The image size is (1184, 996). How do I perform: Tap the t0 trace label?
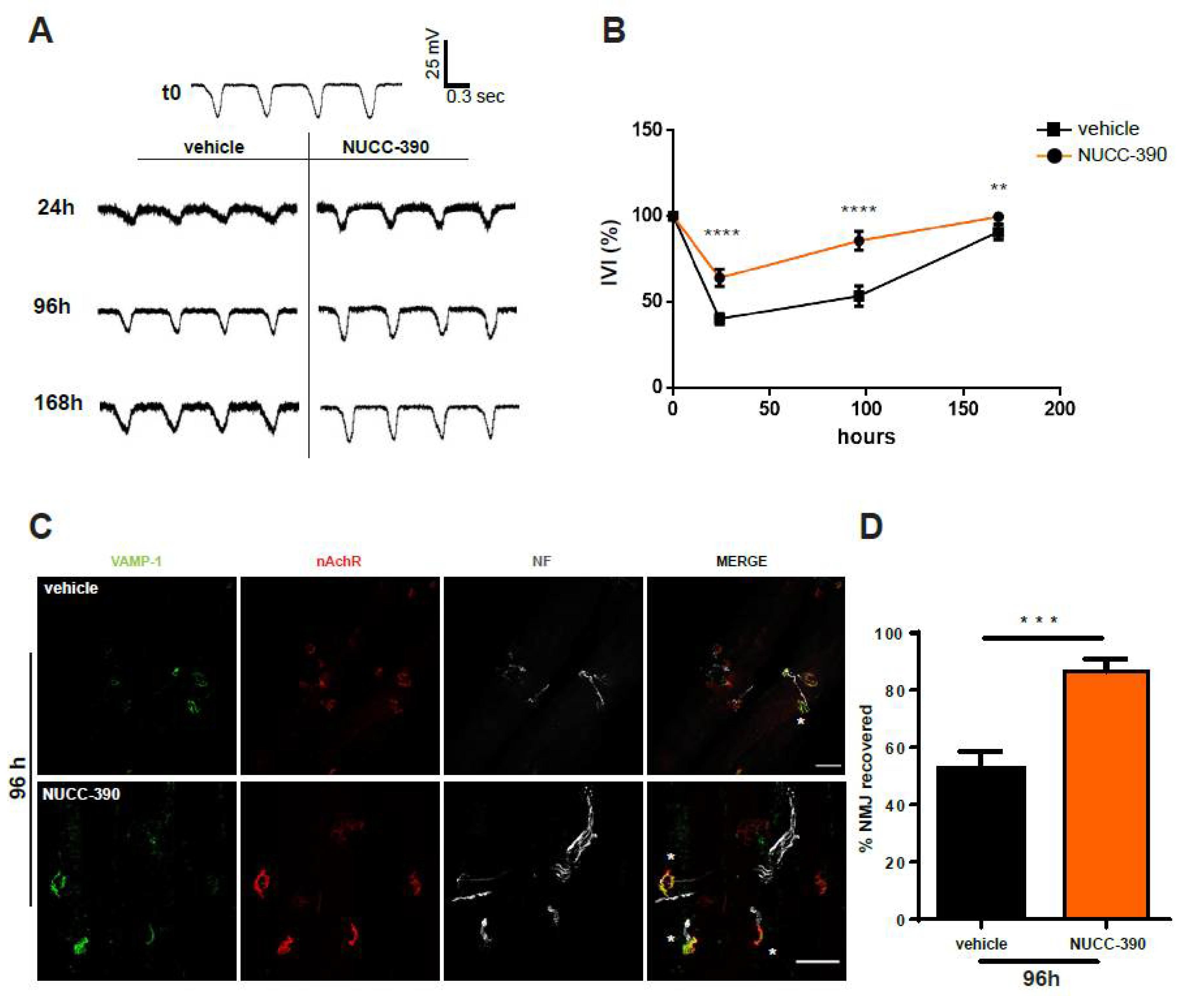click(x=171, y=92)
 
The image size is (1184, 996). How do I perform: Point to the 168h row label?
click(x=58, y=403)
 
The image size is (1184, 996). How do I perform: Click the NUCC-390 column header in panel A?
click(x=386, y=147)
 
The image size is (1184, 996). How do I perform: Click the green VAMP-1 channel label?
click(x=136, y=561)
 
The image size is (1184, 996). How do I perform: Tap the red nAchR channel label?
click(x=339, y=561)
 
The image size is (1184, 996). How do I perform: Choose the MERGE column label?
click(x=741, y=561)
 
